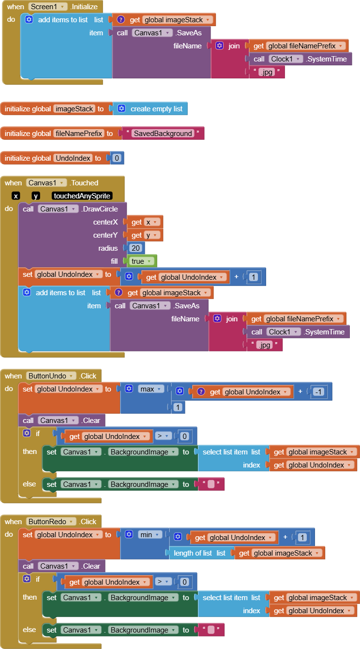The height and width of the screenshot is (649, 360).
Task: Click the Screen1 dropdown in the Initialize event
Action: coord(47,7)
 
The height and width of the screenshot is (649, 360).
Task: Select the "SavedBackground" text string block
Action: coord(163,134)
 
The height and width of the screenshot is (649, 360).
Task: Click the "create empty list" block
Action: coord(156,109)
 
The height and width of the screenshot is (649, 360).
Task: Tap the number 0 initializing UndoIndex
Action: coord(117,158)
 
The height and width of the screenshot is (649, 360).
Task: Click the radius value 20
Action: coord(135,248)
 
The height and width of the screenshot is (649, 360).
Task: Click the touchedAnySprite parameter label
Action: coord(82,196)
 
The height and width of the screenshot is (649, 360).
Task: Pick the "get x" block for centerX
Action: coord(144,222)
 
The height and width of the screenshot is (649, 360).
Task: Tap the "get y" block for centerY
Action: coord(144,235)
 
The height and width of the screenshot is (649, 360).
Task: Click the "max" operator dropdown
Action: coord(150,389)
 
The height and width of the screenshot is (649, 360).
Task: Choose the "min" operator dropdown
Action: coord(150,535)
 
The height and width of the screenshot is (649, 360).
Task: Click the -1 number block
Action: coord(318,392)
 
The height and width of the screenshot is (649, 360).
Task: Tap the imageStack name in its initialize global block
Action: coord(74,109)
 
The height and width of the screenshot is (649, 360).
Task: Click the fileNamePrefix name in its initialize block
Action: coord(79,134)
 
